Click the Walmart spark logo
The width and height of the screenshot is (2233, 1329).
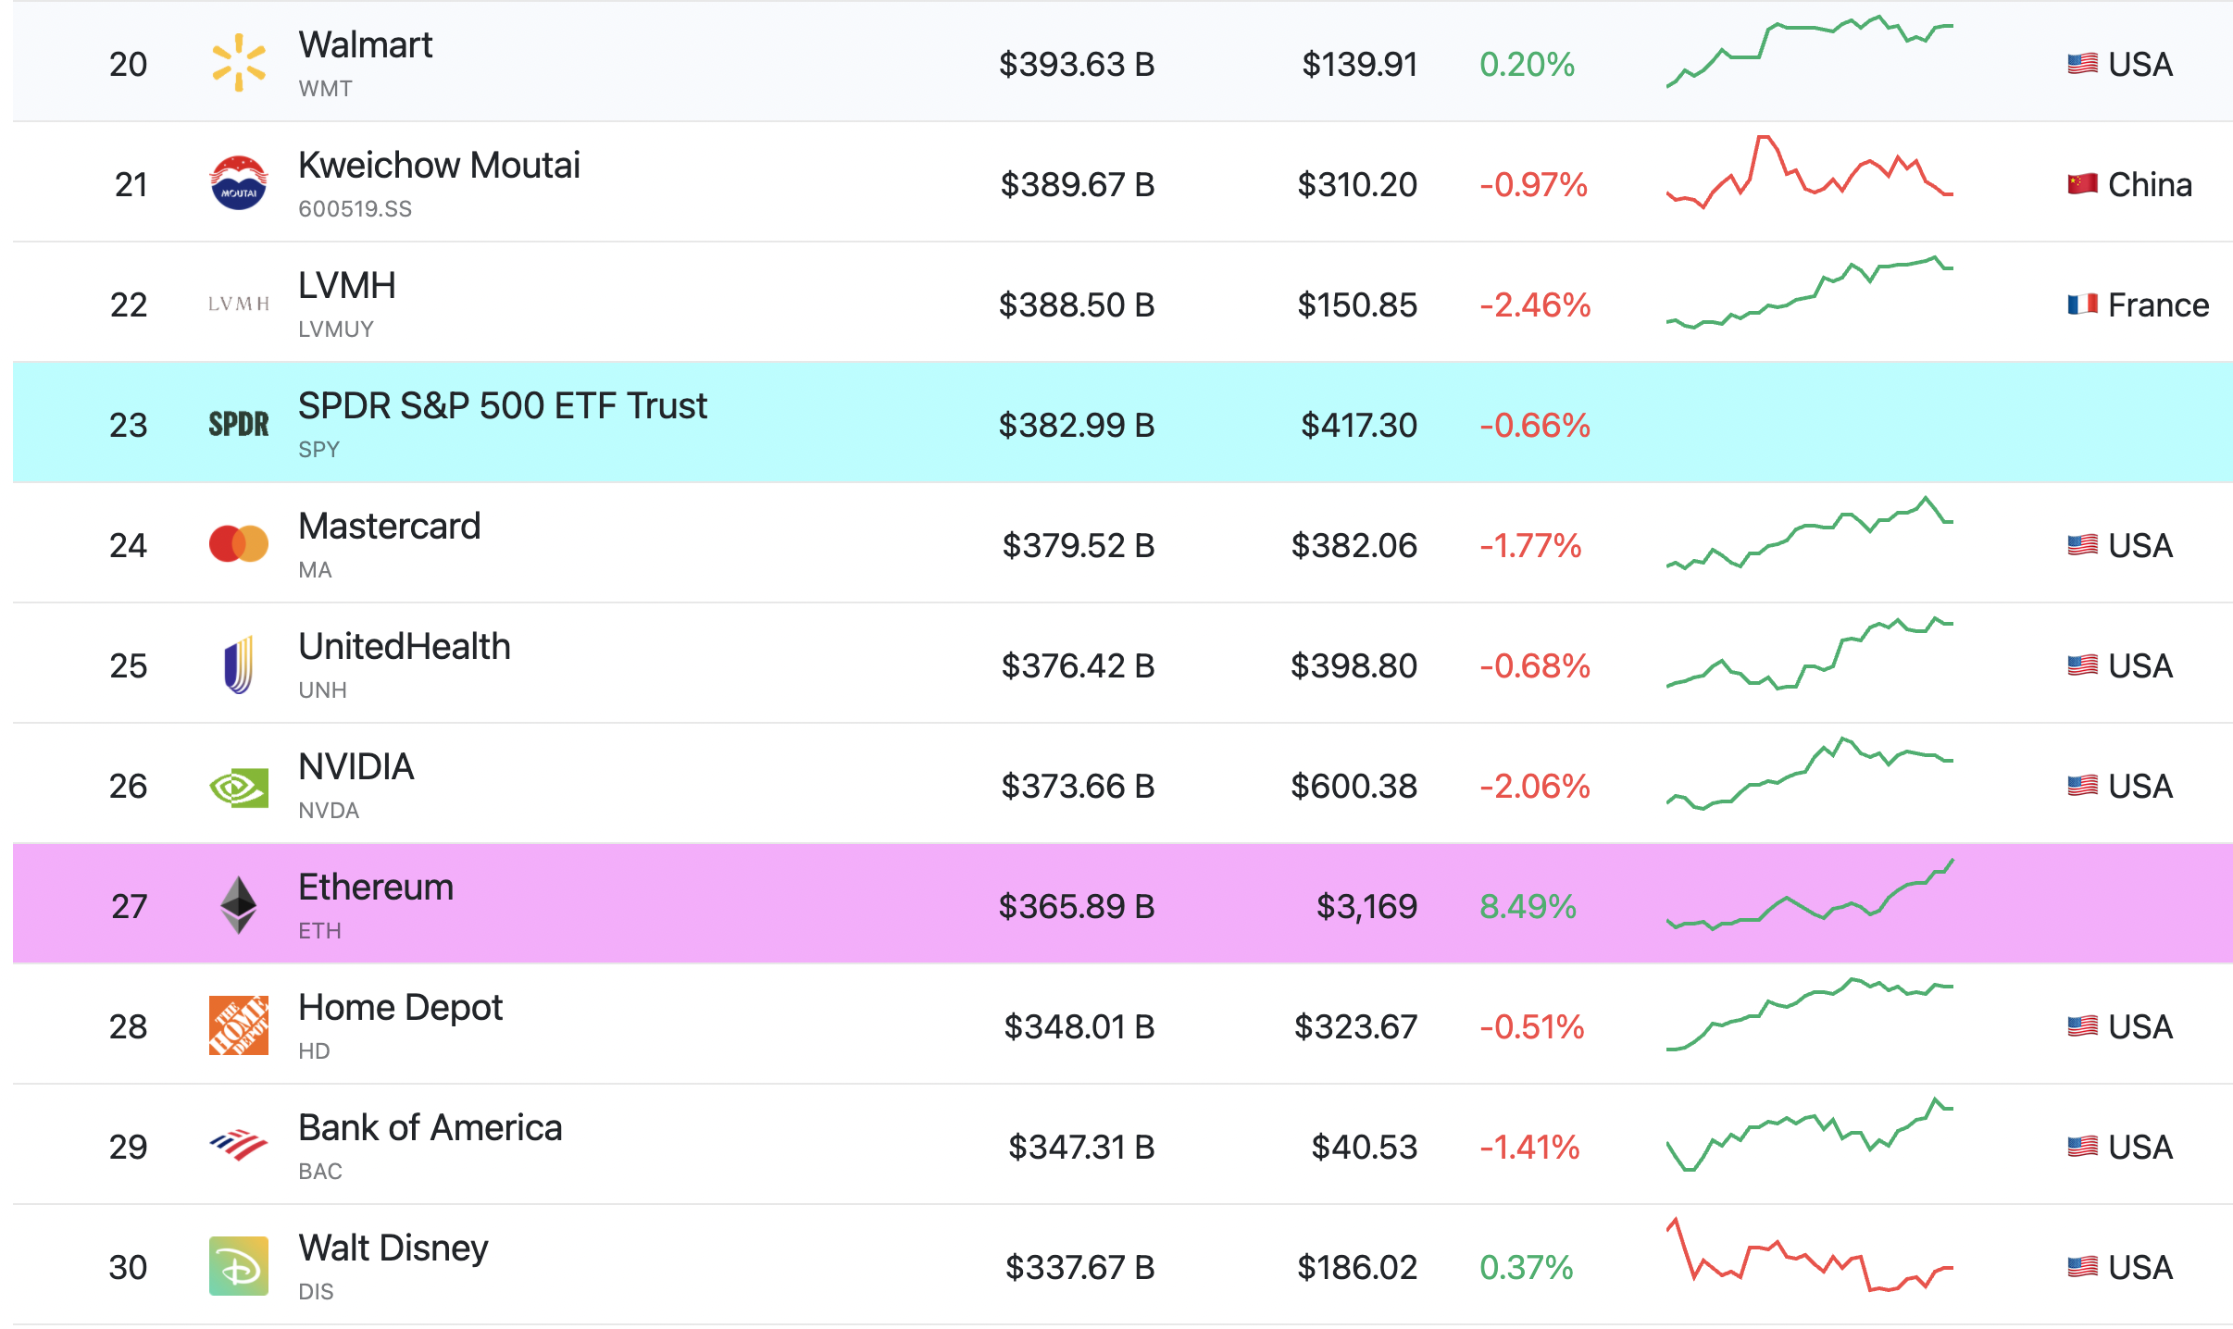pos(239,63)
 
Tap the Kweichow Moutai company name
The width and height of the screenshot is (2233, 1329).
pos(439,166)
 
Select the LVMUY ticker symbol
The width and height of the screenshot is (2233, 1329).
pos(336,329)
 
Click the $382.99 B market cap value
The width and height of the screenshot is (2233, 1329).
pos(1077,425)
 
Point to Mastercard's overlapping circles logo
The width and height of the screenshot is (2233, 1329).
pos(239,544)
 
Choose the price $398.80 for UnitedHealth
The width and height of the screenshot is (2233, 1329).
pos(1354,665)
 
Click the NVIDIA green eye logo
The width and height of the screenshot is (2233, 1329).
pos(239,788)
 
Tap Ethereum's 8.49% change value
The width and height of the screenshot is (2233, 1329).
pos(1528,906)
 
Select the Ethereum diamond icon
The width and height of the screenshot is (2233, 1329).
pos(239,905)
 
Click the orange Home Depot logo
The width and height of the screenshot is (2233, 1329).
pos(239,1025)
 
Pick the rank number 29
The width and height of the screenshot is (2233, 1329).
pos(129,1147)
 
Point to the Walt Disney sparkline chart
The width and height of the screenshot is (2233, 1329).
pos(1810,1255)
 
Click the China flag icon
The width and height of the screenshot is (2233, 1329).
pos(2083,184)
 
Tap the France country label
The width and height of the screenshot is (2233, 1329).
pos(2158,304)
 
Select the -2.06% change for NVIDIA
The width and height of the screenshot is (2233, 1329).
pos(1535,786)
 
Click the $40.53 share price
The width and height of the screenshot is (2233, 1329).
pos(1364,1147)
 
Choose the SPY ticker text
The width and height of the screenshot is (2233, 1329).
pos(319,450)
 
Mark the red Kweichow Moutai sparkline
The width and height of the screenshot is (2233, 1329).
pos(1810,172)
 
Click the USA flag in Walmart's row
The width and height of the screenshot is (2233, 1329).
pos(2083,64)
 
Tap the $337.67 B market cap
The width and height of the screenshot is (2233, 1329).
pos(1080,1267)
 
